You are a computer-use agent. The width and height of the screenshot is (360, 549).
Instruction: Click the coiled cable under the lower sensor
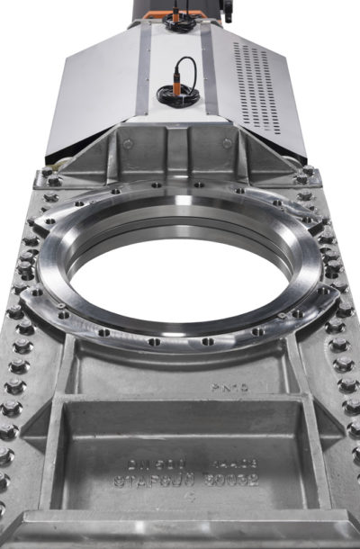point(171,93)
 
